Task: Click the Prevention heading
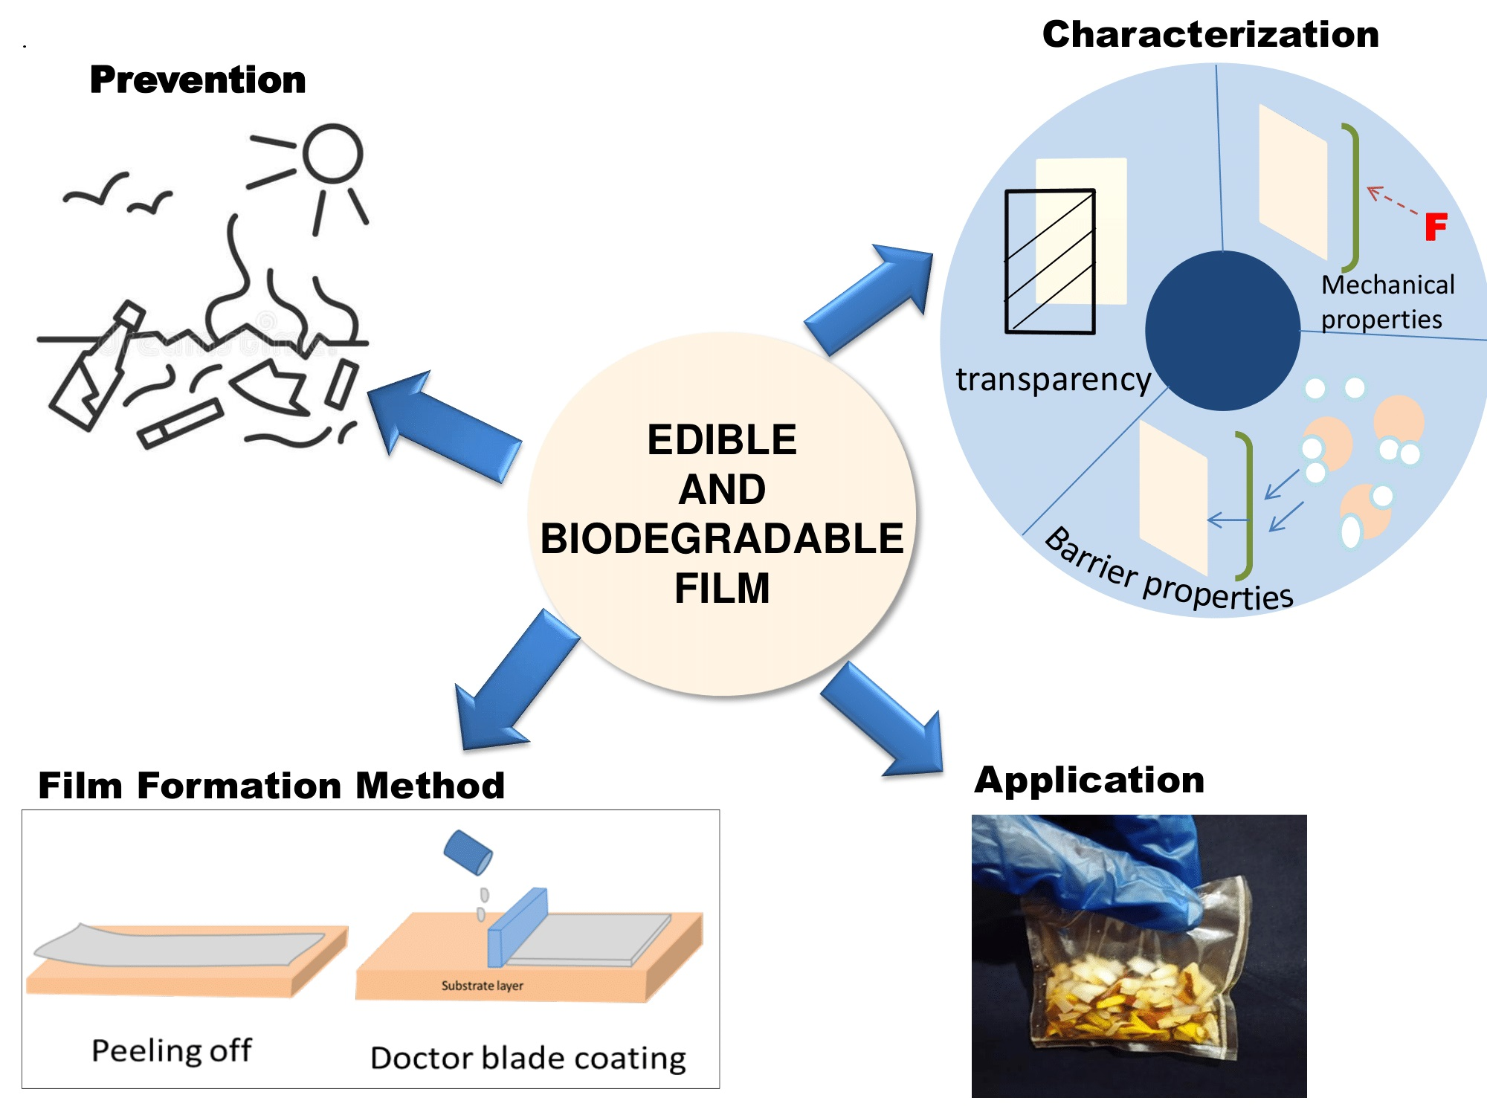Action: point(197,80)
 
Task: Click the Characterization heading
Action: point(1210,34)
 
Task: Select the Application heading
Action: point(1089,780)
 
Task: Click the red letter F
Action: point(1436,227)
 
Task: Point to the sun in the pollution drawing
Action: point(332,153)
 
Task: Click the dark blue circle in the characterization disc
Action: point(1222,331)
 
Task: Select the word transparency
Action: point(1053,379)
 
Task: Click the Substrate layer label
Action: point(482,986)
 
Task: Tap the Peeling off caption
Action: point(171,1050)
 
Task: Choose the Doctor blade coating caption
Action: point(528,1058)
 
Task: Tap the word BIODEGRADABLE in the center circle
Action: point(721,538)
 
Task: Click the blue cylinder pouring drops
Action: point(468,852)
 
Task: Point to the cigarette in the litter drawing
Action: point(181,424)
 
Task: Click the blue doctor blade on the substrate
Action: point(517,928)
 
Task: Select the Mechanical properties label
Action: point(1387,302)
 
